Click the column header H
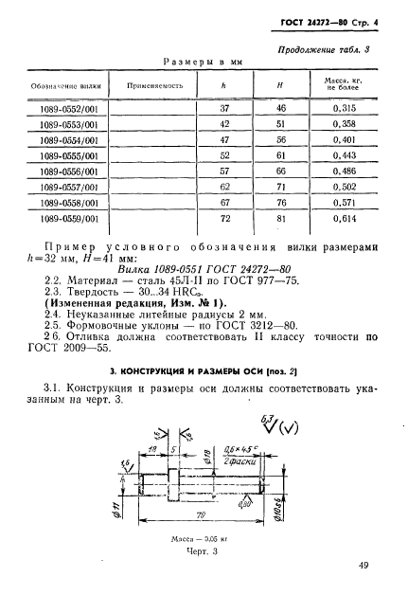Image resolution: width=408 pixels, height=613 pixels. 279,85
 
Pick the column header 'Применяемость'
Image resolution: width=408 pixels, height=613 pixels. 151,85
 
